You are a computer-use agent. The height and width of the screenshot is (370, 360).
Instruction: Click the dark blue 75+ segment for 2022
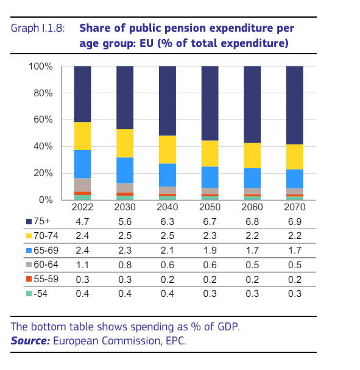tap(82, 94)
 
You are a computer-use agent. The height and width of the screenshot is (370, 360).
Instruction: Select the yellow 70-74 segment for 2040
tap(168, 149)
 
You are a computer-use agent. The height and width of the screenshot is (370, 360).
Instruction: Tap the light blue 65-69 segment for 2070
tap(295, 179)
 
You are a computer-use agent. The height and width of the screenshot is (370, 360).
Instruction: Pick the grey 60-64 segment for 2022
tap(82, 185)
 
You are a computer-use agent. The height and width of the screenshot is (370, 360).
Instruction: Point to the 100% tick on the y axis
tap(41, 66)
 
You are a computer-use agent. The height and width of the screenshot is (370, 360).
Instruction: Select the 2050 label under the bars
tap(210, 207)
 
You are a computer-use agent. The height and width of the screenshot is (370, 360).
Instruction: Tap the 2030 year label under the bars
tap(125, 207)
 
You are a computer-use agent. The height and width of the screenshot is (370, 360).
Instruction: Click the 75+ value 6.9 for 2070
tap(295, 222)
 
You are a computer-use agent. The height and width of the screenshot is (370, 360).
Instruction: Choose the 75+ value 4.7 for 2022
tap(82, 222)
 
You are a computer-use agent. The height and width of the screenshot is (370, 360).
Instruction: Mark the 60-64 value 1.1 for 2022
tap(82, 264)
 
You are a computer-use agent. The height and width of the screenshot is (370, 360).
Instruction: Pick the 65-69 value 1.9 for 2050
tap(210, 250)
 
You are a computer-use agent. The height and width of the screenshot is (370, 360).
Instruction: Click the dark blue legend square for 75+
tap(29, 222)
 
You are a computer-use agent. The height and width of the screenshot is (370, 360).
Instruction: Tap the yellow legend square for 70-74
tap(29, 236)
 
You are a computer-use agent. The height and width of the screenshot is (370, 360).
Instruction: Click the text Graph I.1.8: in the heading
tap(38, 29)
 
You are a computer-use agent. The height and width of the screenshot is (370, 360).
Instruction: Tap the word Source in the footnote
tap(30, 340)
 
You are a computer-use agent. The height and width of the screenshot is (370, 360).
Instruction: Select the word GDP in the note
tap(228, 327)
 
